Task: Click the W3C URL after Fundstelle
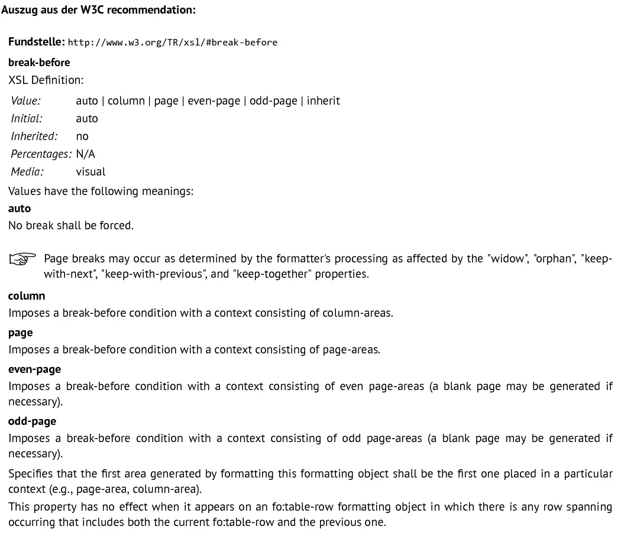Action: pos(173,43)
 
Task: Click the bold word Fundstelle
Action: pos(36,42)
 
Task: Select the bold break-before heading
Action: pos(39,62)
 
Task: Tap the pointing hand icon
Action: pos(22,259)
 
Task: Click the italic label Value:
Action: pos(25,100)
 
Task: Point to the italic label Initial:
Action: pos(27,118)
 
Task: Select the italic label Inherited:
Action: pos(34,136)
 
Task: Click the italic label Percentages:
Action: pos(41,154)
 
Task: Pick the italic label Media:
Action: pos(27,171)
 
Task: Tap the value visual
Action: pos(90,171)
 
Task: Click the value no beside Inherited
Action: pos(82,136)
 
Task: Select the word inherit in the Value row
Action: pos(323,100)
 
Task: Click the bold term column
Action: pos(27,296)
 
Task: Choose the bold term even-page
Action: pos(34,369)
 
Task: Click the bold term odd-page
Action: pos(32,421)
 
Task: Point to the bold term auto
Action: pos(20,208)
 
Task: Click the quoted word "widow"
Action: pos(508,259)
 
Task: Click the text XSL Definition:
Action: pos(46,80)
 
